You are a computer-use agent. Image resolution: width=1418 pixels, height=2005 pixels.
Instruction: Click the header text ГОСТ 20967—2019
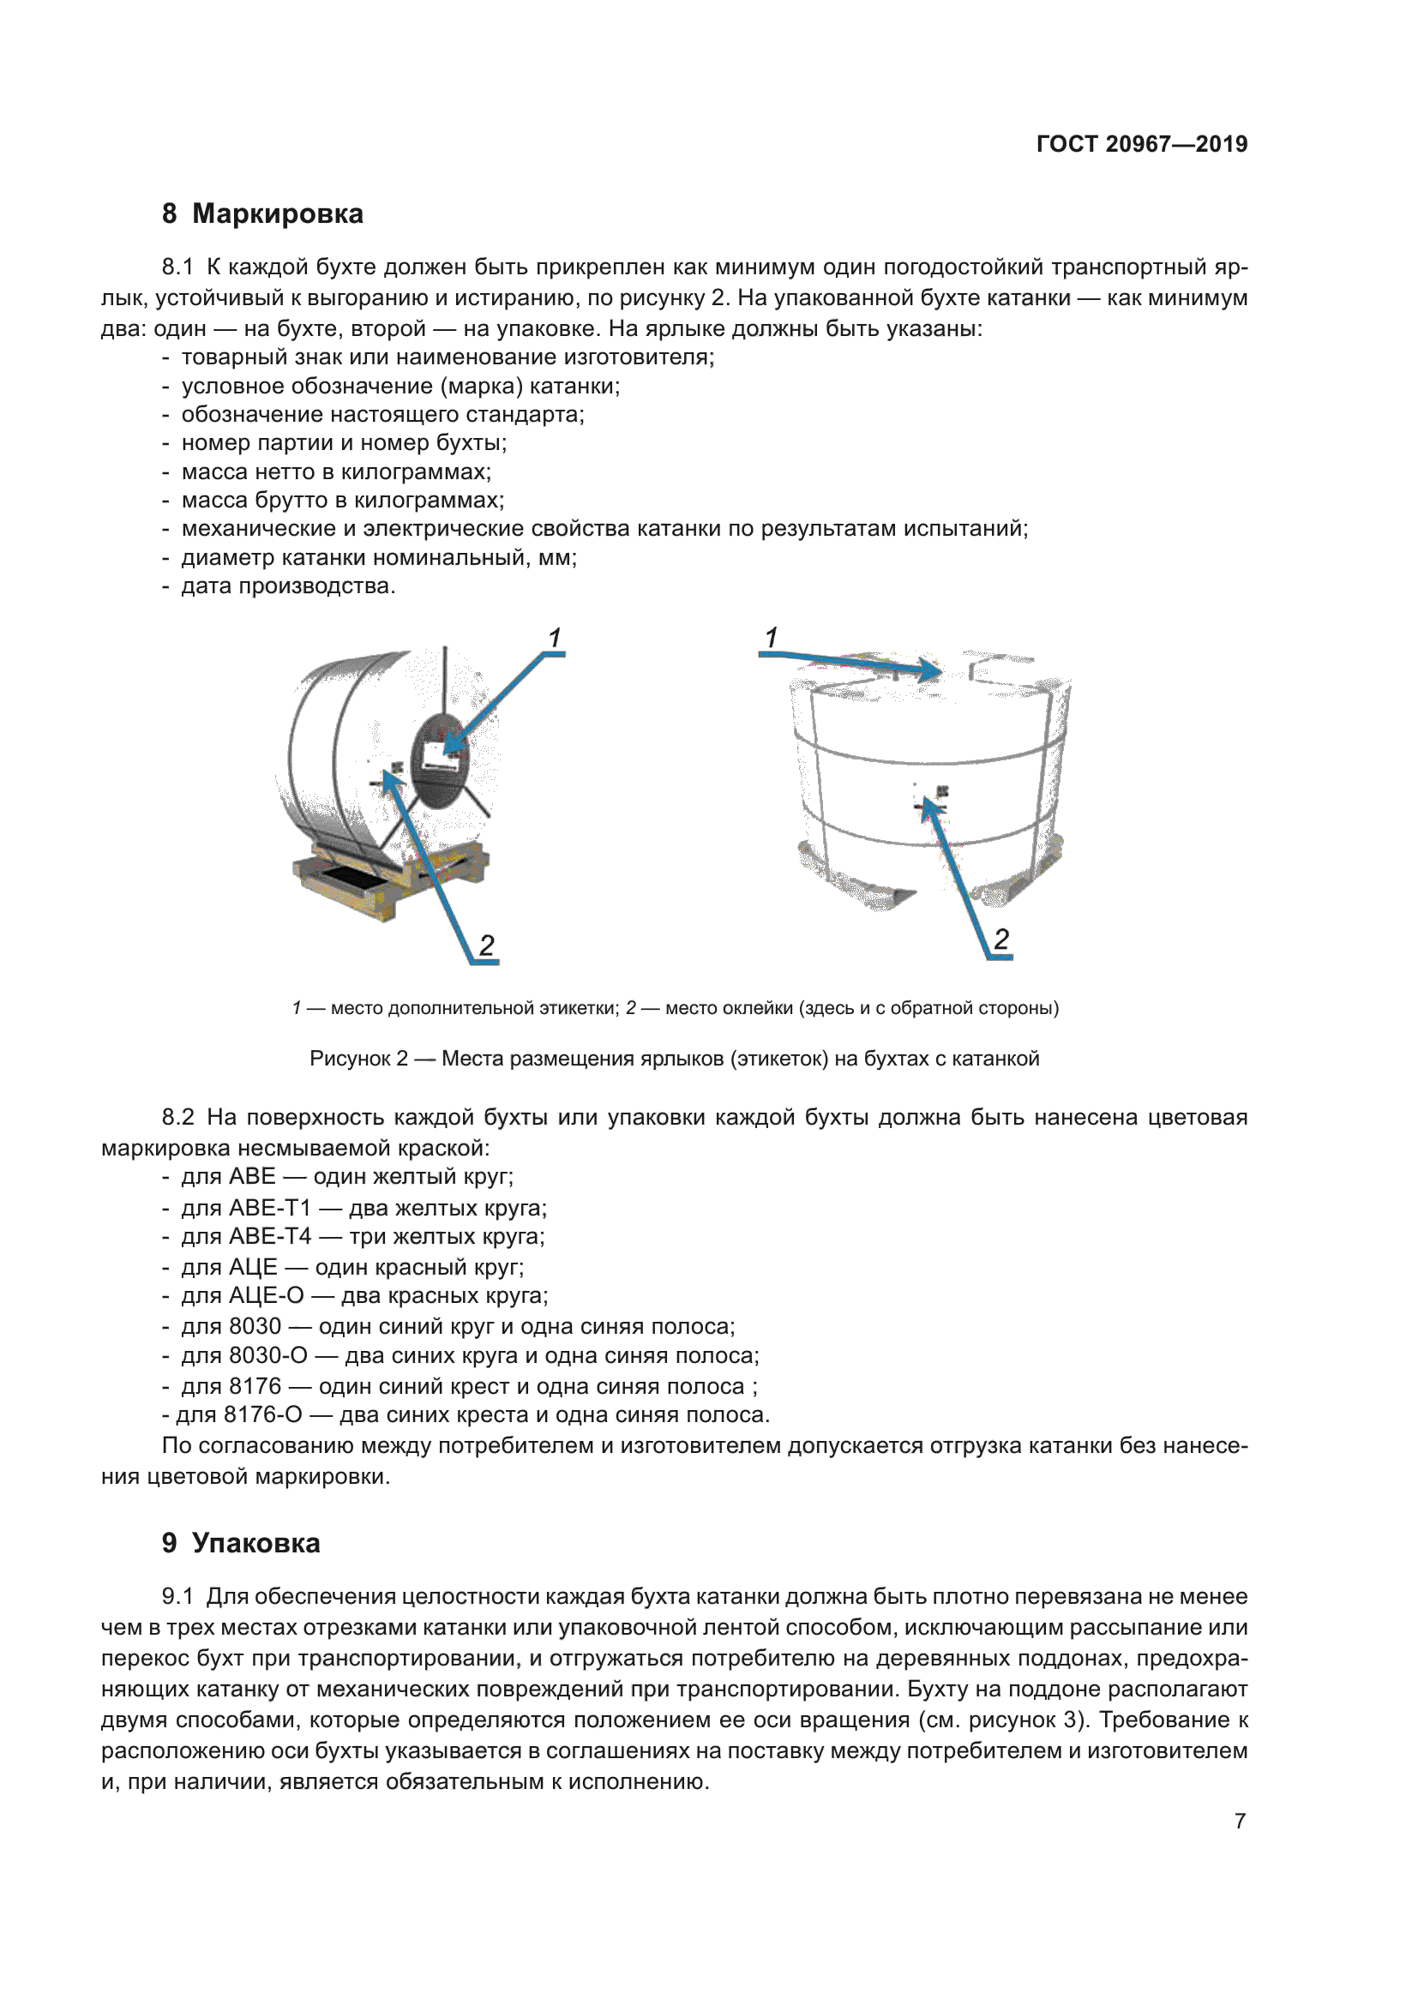[x=1141, y=144]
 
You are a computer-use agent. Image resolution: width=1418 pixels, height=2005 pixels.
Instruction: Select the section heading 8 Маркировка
[x=263, y=214]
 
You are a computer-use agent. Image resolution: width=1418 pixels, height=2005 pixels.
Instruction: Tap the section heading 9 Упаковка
[x=241, y=1543]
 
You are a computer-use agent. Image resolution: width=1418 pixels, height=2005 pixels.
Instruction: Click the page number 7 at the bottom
[x=1240, y=1821]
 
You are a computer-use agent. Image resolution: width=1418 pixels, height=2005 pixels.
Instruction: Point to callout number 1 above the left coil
[x=554, y=639]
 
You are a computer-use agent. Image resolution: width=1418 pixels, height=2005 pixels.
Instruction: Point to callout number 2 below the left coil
[x=486, y=945]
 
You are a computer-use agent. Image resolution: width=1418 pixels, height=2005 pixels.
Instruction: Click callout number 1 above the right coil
[x=771, y=638]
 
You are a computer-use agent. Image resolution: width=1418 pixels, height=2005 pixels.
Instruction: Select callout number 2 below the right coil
[x=1000, y=939]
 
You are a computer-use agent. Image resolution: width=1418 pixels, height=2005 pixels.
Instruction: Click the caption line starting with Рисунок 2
[x=674, y=1059]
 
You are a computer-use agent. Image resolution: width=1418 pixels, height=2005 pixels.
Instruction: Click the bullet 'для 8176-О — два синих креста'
[x=472, y=1414]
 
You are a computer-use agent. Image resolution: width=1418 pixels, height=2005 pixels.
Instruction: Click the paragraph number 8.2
[x=178, y=1117]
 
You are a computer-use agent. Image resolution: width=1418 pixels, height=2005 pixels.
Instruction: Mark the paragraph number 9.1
[x=178, y=1596]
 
